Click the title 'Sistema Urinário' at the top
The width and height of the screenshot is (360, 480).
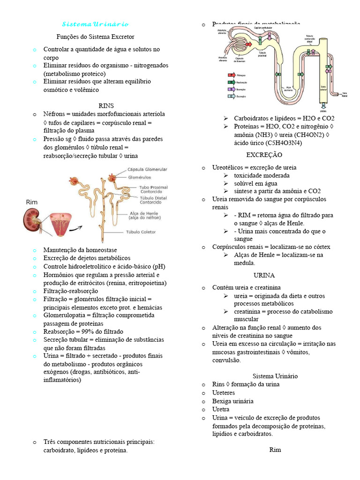95,24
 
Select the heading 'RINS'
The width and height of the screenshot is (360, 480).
106,105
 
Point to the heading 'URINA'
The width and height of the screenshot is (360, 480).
264,275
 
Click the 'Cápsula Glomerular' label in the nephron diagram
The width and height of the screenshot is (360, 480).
147,170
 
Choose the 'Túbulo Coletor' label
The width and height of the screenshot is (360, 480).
140,232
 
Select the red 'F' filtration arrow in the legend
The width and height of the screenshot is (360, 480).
231,75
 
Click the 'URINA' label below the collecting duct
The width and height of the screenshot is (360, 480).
323,111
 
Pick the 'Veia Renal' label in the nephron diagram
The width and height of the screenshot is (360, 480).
345,94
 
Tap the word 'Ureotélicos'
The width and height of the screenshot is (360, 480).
228,167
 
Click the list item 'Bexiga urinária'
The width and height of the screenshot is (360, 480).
232,401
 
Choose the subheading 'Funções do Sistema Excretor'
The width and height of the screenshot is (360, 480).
95,37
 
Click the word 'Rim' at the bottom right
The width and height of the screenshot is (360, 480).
275,450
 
